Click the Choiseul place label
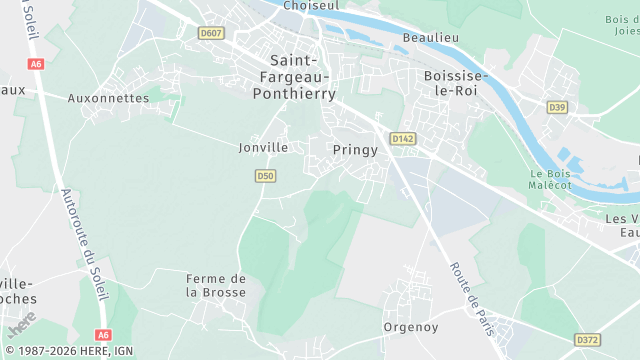pos(311,6)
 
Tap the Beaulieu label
pos(430,38)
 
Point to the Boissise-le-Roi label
pos(455,83)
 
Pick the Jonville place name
pos(263,147)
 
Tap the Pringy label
pos(355,150)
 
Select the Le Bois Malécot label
pos(550,179)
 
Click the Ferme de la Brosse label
pos(216,285)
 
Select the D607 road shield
pos(211,33)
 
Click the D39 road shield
pos(557,107)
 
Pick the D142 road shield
pos(403,139)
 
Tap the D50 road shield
pos(264,176)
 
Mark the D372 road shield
pos(588,340)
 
